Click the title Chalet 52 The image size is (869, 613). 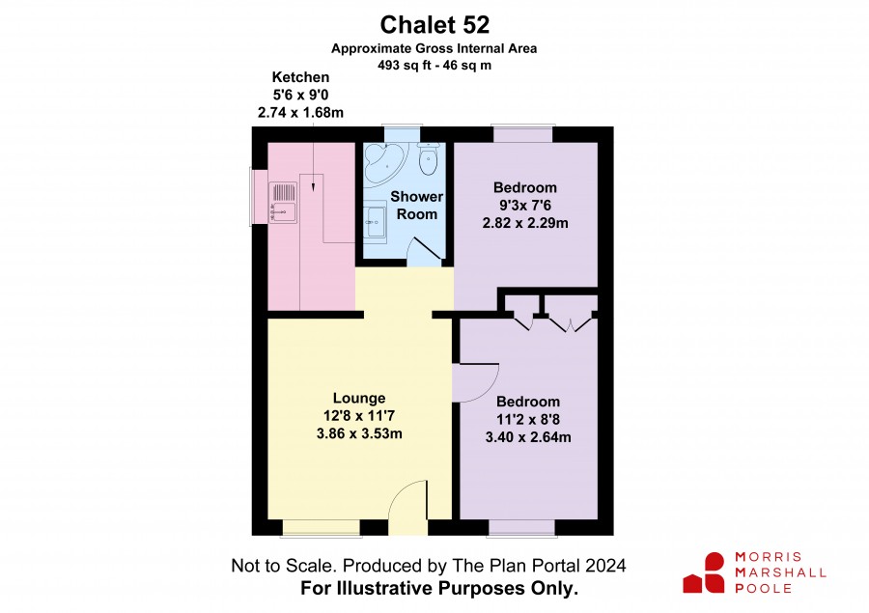pos(434,25)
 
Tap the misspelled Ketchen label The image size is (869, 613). pos(300,77)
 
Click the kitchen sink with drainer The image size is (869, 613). pos(283,203)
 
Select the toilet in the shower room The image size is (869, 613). pos(429,158)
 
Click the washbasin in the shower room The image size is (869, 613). pos(376,222)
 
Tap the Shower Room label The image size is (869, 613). pos(417,205)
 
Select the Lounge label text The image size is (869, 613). pos(359,398)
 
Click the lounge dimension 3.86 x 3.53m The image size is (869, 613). pos(359,433)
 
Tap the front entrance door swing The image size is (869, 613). pos(407,507)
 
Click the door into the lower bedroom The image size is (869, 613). pos(475,382)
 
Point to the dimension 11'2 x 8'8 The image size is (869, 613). pos(528,419)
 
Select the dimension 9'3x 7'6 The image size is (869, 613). pos(525,205)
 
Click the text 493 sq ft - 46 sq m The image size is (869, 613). pos(434,66)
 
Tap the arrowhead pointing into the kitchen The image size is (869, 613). pos(313,187)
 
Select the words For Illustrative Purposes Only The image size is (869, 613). pos(439,588)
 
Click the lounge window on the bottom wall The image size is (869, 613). pos(322,528)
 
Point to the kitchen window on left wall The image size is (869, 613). pos(258,197)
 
